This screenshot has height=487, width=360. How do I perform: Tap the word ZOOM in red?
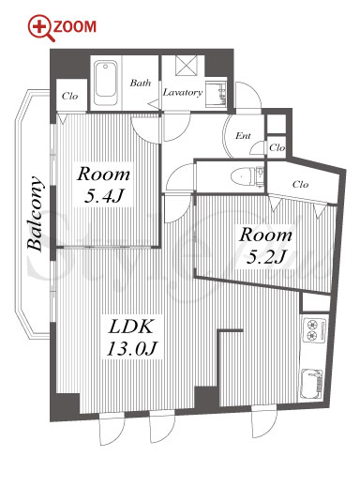coord(75,27)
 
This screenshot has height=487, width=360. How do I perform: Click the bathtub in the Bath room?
coord(106,83)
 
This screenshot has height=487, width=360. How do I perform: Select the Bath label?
coord(141,83)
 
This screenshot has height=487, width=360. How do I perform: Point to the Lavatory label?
coord(183,92)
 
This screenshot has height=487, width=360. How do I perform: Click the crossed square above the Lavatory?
coord(187,66)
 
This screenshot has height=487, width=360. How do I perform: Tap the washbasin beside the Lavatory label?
coord(216,94)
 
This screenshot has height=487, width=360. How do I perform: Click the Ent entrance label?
coord(243,136)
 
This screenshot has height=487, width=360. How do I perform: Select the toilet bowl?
coord(243,177)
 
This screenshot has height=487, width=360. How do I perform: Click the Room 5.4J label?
coord(103,185)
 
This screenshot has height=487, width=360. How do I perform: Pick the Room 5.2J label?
coord(265,246)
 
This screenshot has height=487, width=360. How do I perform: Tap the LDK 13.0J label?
coord(131,337)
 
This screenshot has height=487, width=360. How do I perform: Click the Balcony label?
coord(35,214)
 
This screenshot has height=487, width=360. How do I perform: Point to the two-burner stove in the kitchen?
coord(314,330)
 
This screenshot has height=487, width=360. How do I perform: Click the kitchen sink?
coord(311,384)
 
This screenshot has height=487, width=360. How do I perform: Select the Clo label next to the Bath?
coord(69,96)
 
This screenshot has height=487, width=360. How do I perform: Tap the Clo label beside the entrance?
coord(277,147)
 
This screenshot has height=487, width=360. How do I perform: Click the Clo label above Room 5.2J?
coord(300,184)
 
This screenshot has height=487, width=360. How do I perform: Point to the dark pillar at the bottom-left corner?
coord(65,407)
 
